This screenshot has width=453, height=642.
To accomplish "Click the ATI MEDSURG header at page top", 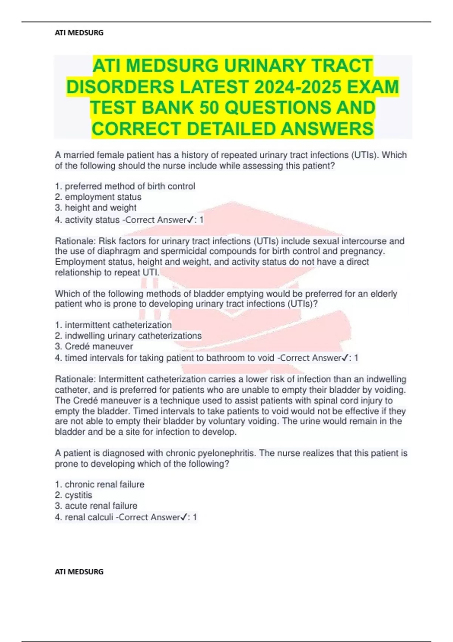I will pos(79,33).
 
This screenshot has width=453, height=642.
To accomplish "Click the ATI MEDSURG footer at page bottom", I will pos(79,572).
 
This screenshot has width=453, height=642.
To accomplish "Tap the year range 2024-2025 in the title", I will pos(298,87).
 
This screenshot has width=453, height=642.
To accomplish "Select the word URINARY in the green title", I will pos(264,66).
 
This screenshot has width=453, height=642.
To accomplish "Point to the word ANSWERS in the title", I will pos(327,129).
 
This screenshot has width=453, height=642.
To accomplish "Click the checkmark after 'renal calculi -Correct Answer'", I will pos(185,517).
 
